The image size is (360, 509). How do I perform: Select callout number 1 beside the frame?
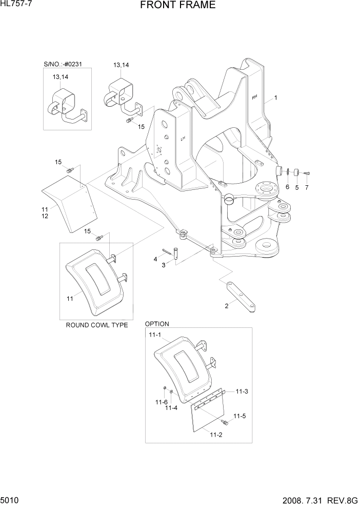275,97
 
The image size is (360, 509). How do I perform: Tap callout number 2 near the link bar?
226,306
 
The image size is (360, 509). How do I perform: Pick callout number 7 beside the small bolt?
307,188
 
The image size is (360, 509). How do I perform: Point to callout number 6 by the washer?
287,187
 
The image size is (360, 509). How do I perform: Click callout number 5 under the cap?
296,188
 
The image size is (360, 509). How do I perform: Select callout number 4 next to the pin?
155,260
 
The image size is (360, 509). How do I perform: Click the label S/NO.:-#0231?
63,64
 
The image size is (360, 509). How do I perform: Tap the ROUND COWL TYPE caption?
96,325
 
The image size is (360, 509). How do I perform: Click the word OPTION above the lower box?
157,324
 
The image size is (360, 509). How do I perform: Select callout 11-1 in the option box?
155,335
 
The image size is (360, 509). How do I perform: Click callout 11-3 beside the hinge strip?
242,391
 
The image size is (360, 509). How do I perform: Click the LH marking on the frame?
182,138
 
